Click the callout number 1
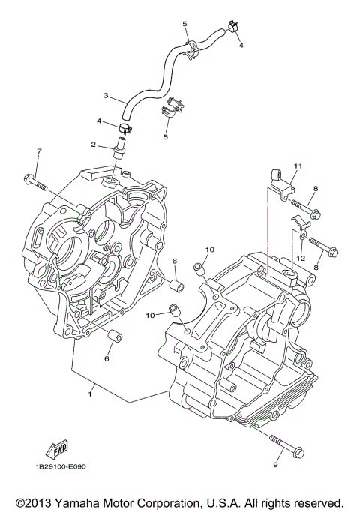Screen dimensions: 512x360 (x=91, y=390)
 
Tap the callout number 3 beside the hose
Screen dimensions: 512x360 (x=106, y=96)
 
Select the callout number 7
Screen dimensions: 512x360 (x=39, y=152)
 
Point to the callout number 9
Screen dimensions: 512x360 (x=275, y=465)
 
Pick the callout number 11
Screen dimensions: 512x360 (x=296, y=165)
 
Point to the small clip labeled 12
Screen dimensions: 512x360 (x=298, y=225)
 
